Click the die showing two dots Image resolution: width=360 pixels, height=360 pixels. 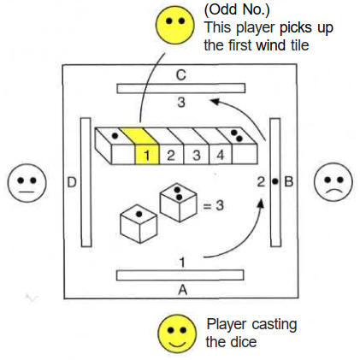pyautogui.click(x=179, y=203)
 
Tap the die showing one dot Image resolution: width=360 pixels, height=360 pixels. pyautogui.click(x=139, y=224)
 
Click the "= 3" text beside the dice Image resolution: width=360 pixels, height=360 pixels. pyautogui.click(x=213, y=205)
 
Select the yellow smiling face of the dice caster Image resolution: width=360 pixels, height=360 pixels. pyautogui.click(x=177, y=333)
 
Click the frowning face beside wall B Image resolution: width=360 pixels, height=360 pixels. pyautogui.click(x=333, y=182)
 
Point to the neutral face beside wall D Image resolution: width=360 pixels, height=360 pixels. pyautogui.click(x=27, y=183)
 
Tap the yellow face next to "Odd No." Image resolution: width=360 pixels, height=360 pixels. pyautogui.click(x=175, y=25)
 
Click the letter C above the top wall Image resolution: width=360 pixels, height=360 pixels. pyautogui.click(x=181, y=75)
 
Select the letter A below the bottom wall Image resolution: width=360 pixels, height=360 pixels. pyautogui.click(x=182, y=290)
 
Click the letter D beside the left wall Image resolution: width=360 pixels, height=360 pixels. pyautogui.click(x=72, y=182)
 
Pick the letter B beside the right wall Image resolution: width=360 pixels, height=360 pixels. pyautogui.click(x=289, y=181)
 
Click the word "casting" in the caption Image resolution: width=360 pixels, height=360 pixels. pyautogui.click(x=274, y=325)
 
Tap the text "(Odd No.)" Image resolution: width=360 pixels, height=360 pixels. pyautogui.click(x=237, y=9)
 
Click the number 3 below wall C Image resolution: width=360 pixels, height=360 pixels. pyautogui.click(x=181, y=102)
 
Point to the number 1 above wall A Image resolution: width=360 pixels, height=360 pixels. pyautogui.click(x=182, y=263)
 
